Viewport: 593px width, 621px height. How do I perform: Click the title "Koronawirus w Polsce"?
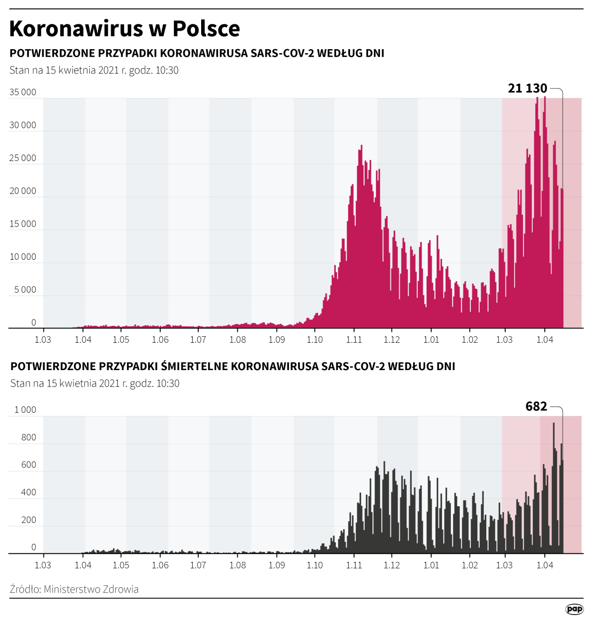(x=125, y=29)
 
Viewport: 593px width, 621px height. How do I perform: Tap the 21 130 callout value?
(x=527, y=88)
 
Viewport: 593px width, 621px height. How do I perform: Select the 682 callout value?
(x=536, y=406)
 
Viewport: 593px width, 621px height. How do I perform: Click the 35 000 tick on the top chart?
(x=23, y=92)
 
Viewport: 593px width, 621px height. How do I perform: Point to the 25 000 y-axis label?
(x=23, y=158)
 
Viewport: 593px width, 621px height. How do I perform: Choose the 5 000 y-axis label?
(x=25, y=290)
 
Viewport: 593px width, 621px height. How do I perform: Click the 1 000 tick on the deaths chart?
(x=25, y=410)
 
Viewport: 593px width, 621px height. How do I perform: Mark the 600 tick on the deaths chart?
(x=29, y=465)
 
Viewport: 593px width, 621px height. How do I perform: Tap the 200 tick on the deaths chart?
(x=29, y=520)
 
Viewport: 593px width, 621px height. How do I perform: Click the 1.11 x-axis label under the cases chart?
(x=354, y=340)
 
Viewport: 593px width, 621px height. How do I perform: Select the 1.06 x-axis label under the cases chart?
(x=160, y=340)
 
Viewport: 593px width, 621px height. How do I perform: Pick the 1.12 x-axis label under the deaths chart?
(x=392, y=565)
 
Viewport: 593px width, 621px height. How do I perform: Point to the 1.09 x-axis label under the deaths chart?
(x=277, y=565)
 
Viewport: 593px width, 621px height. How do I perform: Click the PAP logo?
(x=574, y=609)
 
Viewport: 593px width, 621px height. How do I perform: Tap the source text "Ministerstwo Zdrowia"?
(x=91, y=589)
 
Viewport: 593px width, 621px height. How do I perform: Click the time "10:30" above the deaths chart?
(x=167, y=384)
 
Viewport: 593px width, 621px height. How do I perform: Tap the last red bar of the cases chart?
(x=562, y=258)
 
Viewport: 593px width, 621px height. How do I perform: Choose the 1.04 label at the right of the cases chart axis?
(x=545, y=340)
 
